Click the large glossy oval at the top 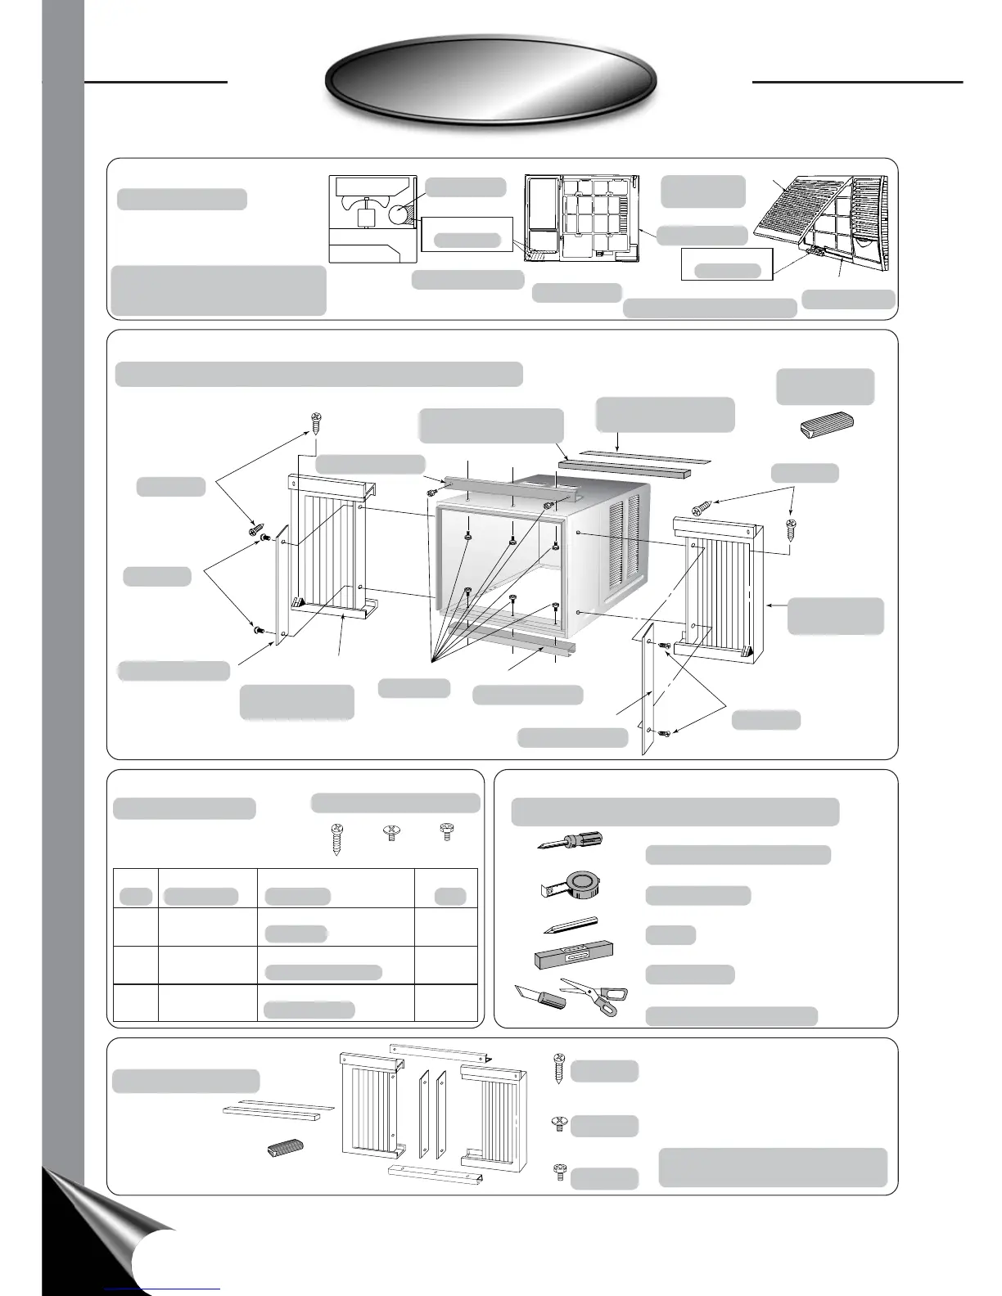(491, 80)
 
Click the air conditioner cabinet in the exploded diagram (540, 556)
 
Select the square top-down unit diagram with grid (581, 218)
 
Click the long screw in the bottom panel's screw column (560, 1069)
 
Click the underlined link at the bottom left (164, 1288)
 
